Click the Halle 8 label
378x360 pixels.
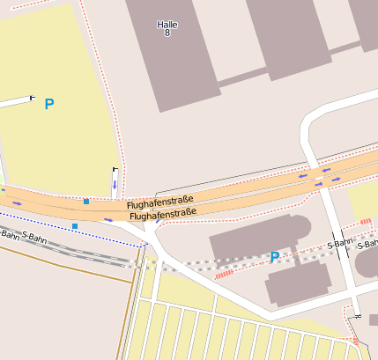point(167,28)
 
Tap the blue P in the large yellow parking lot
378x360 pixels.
point(49,105)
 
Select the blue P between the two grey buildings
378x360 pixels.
point(274,258)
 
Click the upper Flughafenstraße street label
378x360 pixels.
point(160,203)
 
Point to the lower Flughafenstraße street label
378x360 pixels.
point(162,215)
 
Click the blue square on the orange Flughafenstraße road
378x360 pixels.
point(86,202)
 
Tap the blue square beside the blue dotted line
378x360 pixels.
point(75,226)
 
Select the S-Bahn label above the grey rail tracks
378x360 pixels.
point(22,236)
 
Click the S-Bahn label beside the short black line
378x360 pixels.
point(339,243)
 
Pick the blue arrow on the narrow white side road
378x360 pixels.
point(114,184)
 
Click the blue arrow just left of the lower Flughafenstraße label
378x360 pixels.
point(108,219)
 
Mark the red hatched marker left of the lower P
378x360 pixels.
point(224,274)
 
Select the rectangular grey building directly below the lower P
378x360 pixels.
point(298,283)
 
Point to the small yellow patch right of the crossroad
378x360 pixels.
point(363,202)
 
